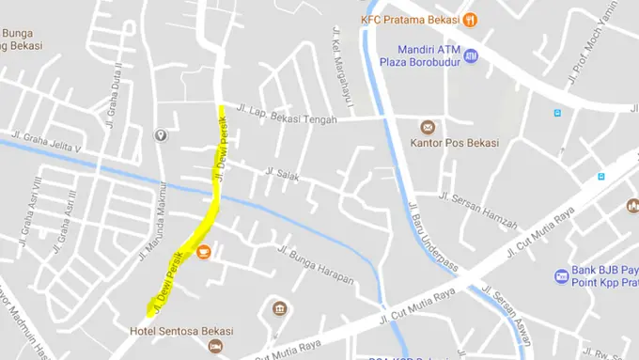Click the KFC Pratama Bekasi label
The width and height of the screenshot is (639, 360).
(x=409, y=20)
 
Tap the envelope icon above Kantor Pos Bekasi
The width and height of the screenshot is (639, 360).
(x=429, y=126)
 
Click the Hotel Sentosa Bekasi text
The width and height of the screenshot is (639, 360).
(x=181, y=331)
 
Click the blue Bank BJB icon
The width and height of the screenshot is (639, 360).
(x=562, y=276)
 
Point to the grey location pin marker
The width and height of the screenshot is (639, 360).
(x=161, y=136)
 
